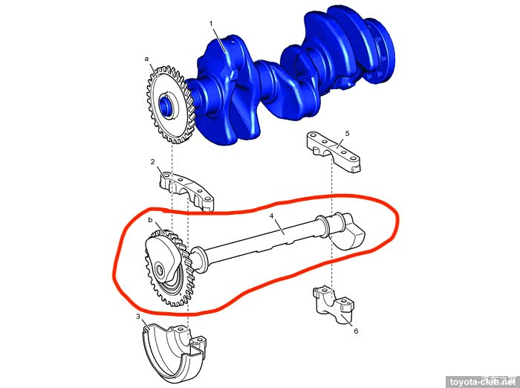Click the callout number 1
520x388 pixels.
[211, 24]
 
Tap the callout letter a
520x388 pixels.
[146, 59]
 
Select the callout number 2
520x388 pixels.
[152, 162]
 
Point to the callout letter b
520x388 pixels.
[150, 220]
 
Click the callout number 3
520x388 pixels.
[138, 317]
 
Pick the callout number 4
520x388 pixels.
[272, 216]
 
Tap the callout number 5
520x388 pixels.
[347, 134]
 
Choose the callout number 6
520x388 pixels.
[356, 331]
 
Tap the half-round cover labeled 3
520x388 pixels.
[172, 355]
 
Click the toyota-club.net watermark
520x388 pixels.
[483, 382]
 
